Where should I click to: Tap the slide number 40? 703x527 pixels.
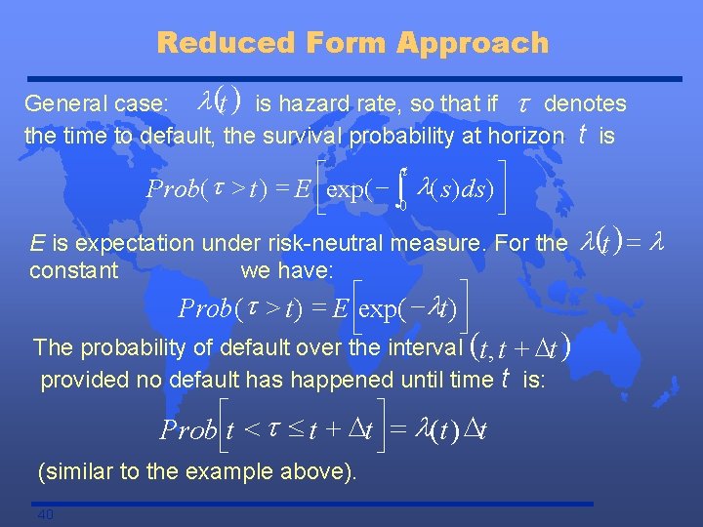pyautogui.click(x=45, y=514)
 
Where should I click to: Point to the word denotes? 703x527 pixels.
pyautogui.click(x=585, y=103)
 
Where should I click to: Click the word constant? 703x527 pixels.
pyautogui.click(x=73, y=269)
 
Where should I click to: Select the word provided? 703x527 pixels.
pyautogui.click(x=83, y=380)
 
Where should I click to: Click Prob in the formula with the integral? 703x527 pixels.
pyautogui.click(x=172, y=188)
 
